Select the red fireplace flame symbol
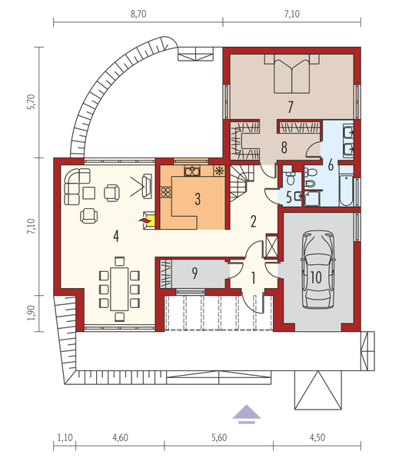click(x=144, y=221)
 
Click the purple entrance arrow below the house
click(x=244, y=414)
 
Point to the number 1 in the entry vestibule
click(x=253, y=277)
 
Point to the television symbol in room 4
click(x=145, y=184)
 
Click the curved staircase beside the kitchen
click(x=239, y=181)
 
